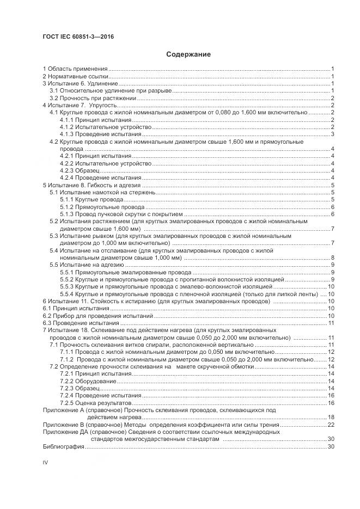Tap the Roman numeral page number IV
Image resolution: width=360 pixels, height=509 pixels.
(46, 462)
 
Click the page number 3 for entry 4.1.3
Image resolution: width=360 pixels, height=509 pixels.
(332, 134)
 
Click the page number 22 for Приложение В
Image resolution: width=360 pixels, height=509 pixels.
(330, 424)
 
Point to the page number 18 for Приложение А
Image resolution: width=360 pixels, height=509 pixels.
(330, 417)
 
